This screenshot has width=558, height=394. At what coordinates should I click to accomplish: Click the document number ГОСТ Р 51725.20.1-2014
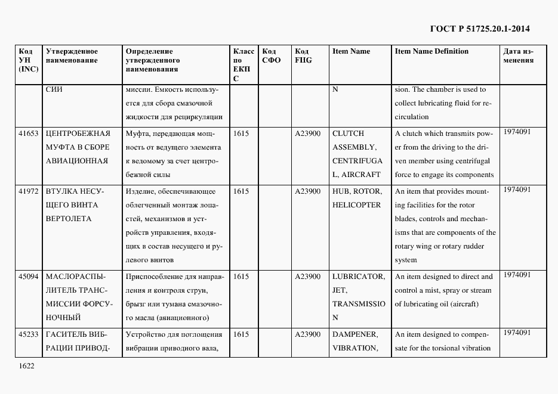coord(479,28)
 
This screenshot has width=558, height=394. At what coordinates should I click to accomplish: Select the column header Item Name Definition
coord(431,51)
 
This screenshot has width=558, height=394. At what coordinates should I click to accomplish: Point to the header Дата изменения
coord(519,56)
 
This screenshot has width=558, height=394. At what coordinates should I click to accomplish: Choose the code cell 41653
coord(29,134)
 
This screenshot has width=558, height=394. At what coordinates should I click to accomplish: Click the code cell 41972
coord(29,191)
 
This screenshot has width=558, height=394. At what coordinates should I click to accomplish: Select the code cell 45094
coord(29,277)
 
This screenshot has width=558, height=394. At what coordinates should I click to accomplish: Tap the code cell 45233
coord(29,334)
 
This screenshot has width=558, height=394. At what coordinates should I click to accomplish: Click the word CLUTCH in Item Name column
coord(348,134)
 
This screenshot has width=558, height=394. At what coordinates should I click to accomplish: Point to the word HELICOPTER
coord(356,205)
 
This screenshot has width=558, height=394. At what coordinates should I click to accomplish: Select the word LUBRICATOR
coord(358,277)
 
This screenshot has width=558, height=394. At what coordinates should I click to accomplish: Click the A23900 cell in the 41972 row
coord(308,191)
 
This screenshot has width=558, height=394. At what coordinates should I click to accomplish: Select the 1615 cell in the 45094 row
coord(241,277)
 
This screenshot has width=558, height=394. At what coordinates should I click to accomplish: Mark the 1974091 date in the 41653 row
coord(517,132)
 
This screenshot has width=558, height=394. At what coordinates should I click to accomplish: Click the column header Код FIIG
coord(303,56)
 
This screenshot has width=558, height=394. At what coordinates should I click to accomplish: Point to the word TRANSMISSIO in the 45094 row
coord(359,304)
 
